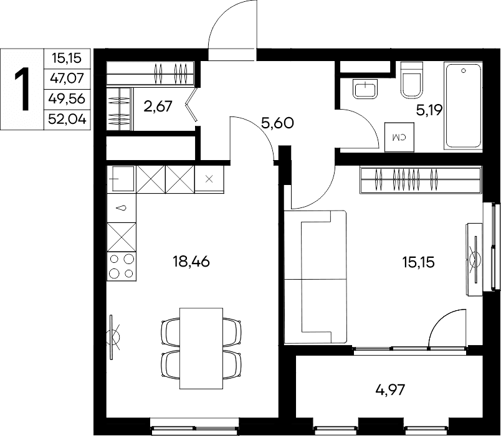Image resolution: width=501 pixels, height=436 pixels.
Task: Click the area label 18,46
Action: pyautogui.click(x=191, y=262)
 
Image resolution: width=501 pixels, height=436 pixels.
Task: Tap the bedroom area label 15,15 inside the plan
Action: pyautogui.click(x=418, y=262)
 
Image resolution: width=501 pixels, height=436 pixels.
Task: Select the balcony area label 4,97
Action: pyautogui.click(x=391, y=390)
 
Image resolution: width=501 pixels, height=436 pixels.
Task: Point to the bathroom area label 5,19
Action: pyautogui.click(x=429, y=110)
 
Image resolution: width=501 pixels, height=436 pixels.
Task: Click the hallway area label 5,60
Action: pyautogui.click(x=277, y=123)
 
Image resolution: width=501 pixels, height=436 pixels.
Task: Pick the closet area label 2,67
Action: pyautogui.click(x=158, y=106)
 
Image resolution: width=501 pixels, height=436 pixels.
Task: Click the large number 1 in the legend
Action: pyautogui.click(x=22, y=89)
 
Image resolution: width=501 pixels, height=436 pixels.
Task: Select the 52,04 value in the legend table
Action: pyautogui.click(x=67, y=120)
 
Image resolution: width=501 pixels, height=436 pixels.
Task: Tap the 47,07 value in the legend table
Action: pyautogui.click(x=67, y=78)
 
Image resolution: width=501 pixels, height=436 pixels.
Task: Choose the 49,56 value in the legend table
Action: pyautogui.click(x=67, y=98)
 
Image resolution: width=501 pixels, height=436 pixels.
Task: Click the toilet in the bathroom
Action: pyautogui.click(x=412, y=79)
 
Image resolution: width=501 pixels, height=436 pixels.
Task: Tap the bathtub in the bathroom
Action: pyautogui.click(x=463, y=106)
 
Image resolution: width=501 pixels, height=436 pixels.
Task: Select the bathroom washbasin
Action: pyautogui.click(x=366, y=89)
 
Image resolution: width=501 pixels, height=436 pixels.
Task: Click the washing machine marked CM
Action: pyautogui.click(x=399, y=136)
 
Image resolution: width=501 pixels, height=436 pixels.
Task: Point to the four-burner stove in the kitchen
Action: pyautogui.click(x=122, y=267)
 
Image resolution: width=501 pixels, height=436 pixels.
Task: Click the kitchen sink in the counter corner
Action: pyautogui.click(x=121, y=179)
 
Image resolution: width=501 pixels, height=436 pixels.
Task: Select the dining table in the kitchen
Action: pyautogui.click(x=201, y=348)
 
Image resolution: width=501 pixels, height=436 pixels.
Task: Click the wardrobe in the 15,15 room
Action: pyautogui.click(x=421, y=180)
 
